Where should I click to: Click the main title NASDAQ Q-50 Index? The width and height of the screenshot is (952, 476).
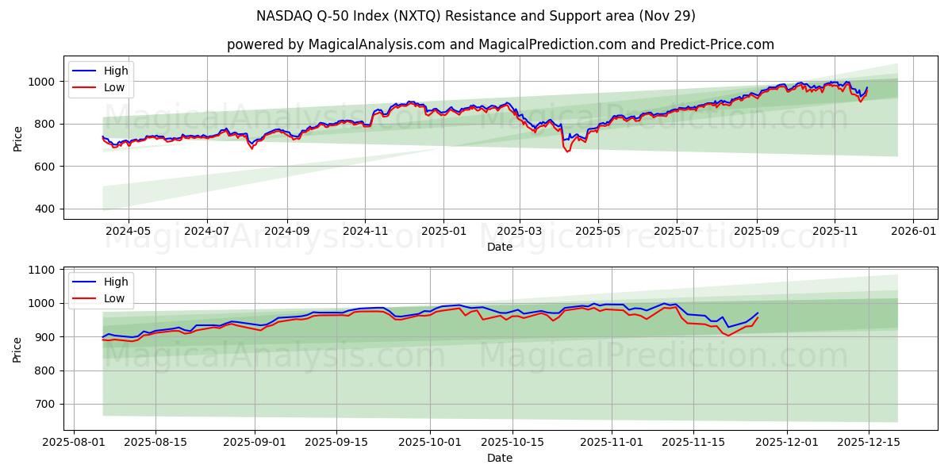click(476, 16)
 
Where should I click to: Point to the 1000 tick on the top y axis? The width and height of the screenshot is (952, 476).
click(41, 82)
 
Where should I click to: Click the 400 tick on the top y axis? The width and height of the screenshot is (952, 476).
click(45, 209)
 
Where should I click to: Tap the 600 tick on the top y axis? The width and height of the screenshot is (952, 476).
click(45, 167)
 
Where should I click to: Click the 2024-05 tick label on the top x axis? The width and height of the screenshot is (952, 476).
click(128, 232)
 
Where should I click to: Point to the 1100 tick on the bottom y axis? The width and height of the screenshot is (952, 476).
click(41, 271)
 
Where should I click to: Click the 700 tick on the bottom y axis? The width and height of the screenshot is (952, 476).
click(45, 405)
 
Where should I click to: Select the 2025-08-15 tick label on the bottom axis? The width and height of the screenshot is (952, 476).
click(155, 443)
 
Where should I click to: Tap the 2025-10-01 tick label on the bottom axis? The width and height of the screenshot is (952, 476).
click(430, 443)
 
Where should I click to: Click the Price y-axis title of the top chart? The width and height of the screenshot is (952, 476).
click(17, 137)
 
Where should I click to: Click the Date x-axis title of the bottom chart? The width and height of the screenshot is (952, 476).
click(500, 458)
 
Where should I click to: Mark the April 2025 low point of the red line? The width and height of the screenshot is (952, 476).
click(567, 152)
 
